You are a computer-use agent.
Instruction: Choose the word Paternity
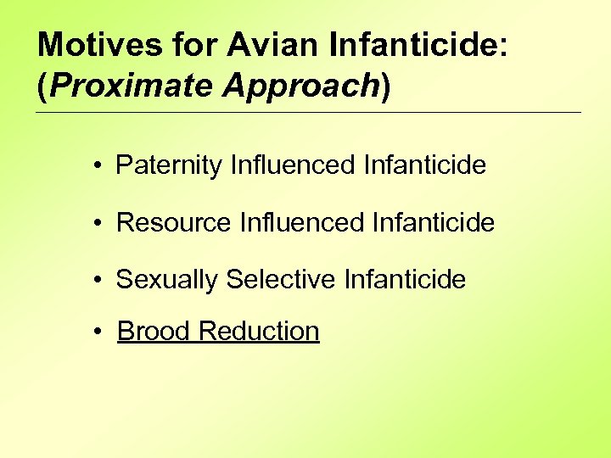(x=170, y=165)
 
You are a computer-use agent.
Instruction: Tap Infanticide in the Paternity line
(x=424, y=165)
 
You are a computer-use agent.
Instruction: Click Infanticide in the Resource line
(x=433, y=222)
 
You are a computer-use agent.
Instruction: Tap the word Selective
(x=282, y=279)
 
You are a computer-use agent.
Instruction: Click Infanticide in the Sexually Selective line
(x=405, y=279)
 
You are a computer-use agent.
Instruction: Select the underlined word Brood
(x=154, y=331)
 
